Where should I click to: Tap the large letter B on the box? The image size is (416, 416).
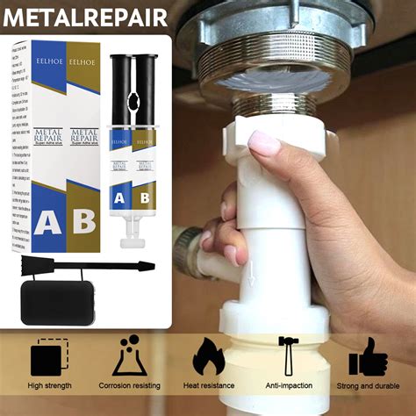83,219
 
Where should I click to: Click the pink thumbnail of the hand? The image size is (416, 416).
263,142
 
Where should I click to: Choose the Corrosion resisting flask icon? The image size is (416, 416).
128,356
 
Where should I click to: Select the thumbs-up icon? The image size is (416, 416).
368,356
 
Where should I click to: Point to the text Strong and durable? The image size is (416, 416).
368,386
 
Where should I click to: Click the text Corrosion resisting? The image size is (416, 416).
128,386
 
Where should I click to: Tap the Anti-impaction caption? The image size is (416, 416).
289,386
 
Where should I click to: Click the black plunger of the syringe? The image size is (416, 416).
133,88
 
